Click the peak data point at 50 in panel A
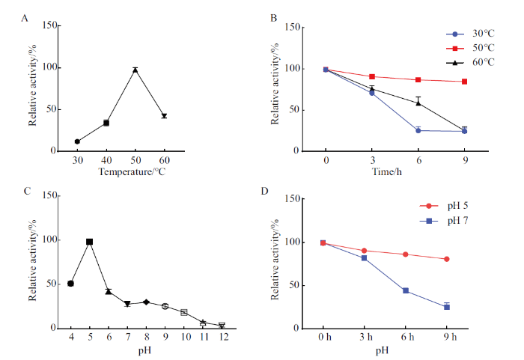(x=135, y=70)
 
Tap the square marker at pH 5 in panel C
(x=90, y=242)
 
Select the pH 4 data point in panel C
(x=70, y=284)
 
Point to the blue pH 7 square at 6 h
(x=406, y=290)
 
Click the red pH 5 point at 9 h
(x=447, y=259)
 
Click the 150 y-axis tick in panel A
(x=50, y=25)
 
